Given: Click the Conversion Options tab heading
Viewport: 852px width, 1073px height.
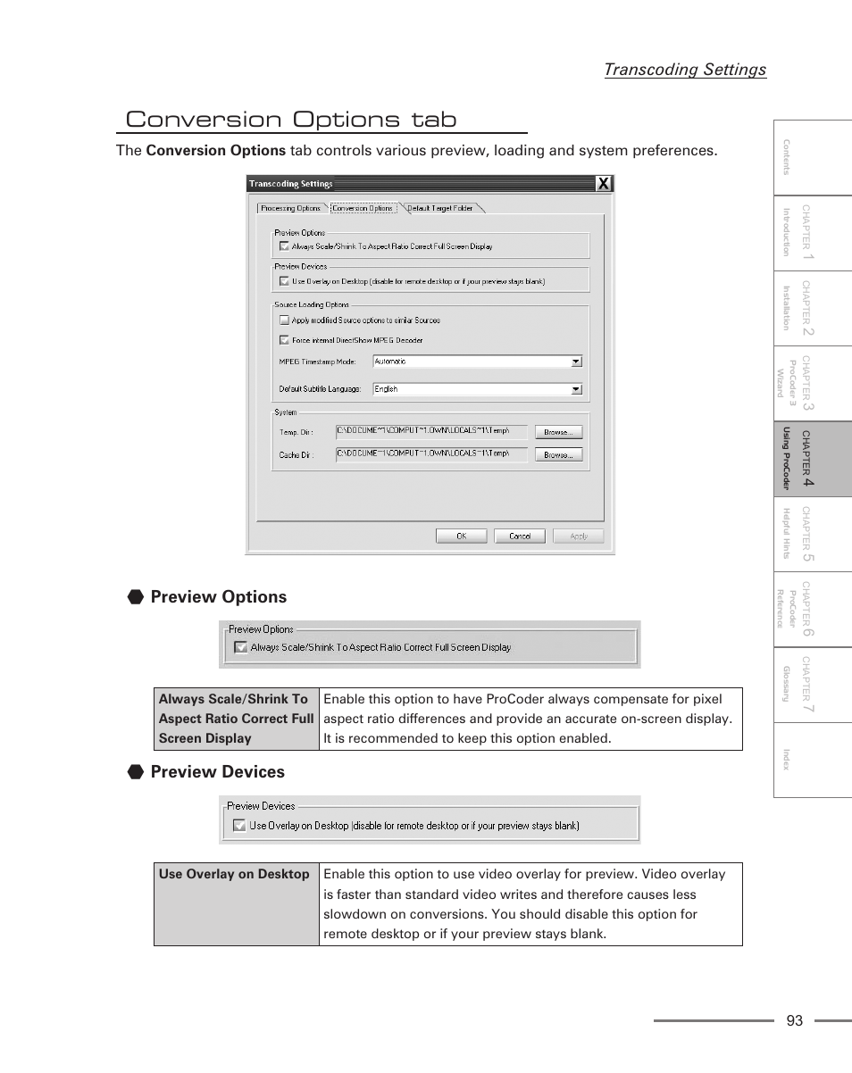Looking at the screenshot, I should [291, 120].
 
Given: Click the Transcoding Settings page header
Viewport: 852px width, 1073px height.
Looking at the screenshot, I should [684, 70].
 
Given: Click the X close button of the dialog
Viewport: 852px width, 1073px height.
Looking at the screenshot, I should [604, 184].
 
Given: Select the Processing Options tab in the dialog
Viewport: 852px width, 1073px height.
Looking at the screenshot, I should [291, 208].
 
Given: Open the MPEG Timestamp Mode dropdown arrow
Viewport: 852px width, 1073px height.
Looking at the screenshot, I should [576, 362].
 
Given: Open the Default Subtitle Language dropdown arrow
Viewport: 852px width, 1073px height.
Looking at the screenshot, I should [576, 389].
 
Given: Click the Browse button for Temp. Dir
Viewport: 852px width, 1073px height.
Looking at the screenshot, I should [558, 432].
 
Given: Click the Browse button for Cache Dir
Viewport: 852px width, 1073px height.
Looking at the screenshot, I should [558, 454].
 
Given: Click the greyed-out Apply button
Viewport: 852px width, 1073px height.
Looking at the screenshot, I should [578, 536].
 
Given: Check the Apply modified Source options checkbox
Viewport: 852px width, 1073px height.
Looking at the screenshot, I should [283, 320].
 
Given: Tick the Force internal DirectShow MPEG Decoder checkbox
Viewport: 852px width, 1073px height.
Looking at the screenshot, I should [283, 340].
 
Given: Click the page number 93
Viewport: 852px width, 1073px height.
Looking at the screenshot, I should [795, 1021].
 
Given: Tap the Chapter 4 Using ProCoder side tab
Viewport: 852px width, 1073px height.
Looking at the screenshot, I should [813, 459].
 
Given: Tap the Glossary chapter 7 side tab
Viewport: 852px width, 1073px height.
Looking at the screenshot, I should [813, 685].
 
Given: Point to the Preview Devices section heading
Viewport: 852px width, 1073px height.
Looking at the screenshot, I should [217, 772].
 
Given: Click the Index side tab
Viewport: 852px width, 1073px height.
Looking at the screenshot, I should [813, 760].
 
